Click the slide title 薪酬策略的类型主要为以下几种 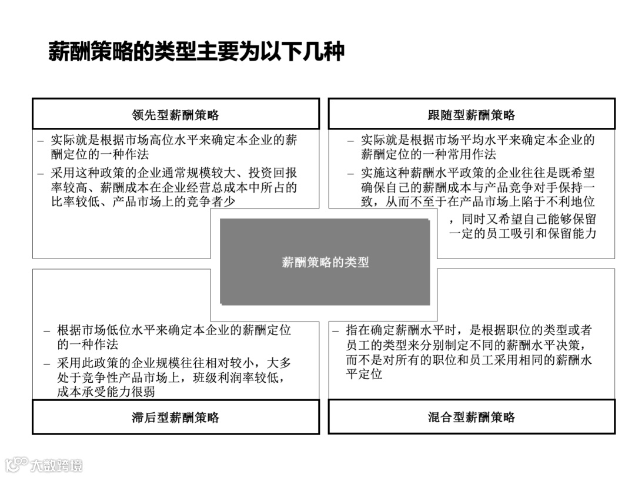[x=196, y=52]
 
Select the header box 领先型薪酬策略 [x=175, y=114]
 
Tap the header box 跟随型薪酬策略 [x=471, y=114]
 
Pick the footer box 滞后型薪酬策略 [x=175, y=418]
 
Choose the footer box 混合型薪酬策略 [x=471, y=418]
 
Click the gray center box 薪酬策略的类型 [x=325, y=262]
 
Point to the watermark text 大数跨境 [x=56, y=465]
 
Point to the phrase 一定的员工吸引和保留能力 [x=523, y=233]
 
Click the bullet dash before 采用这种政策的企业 [x=41, y=174]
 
